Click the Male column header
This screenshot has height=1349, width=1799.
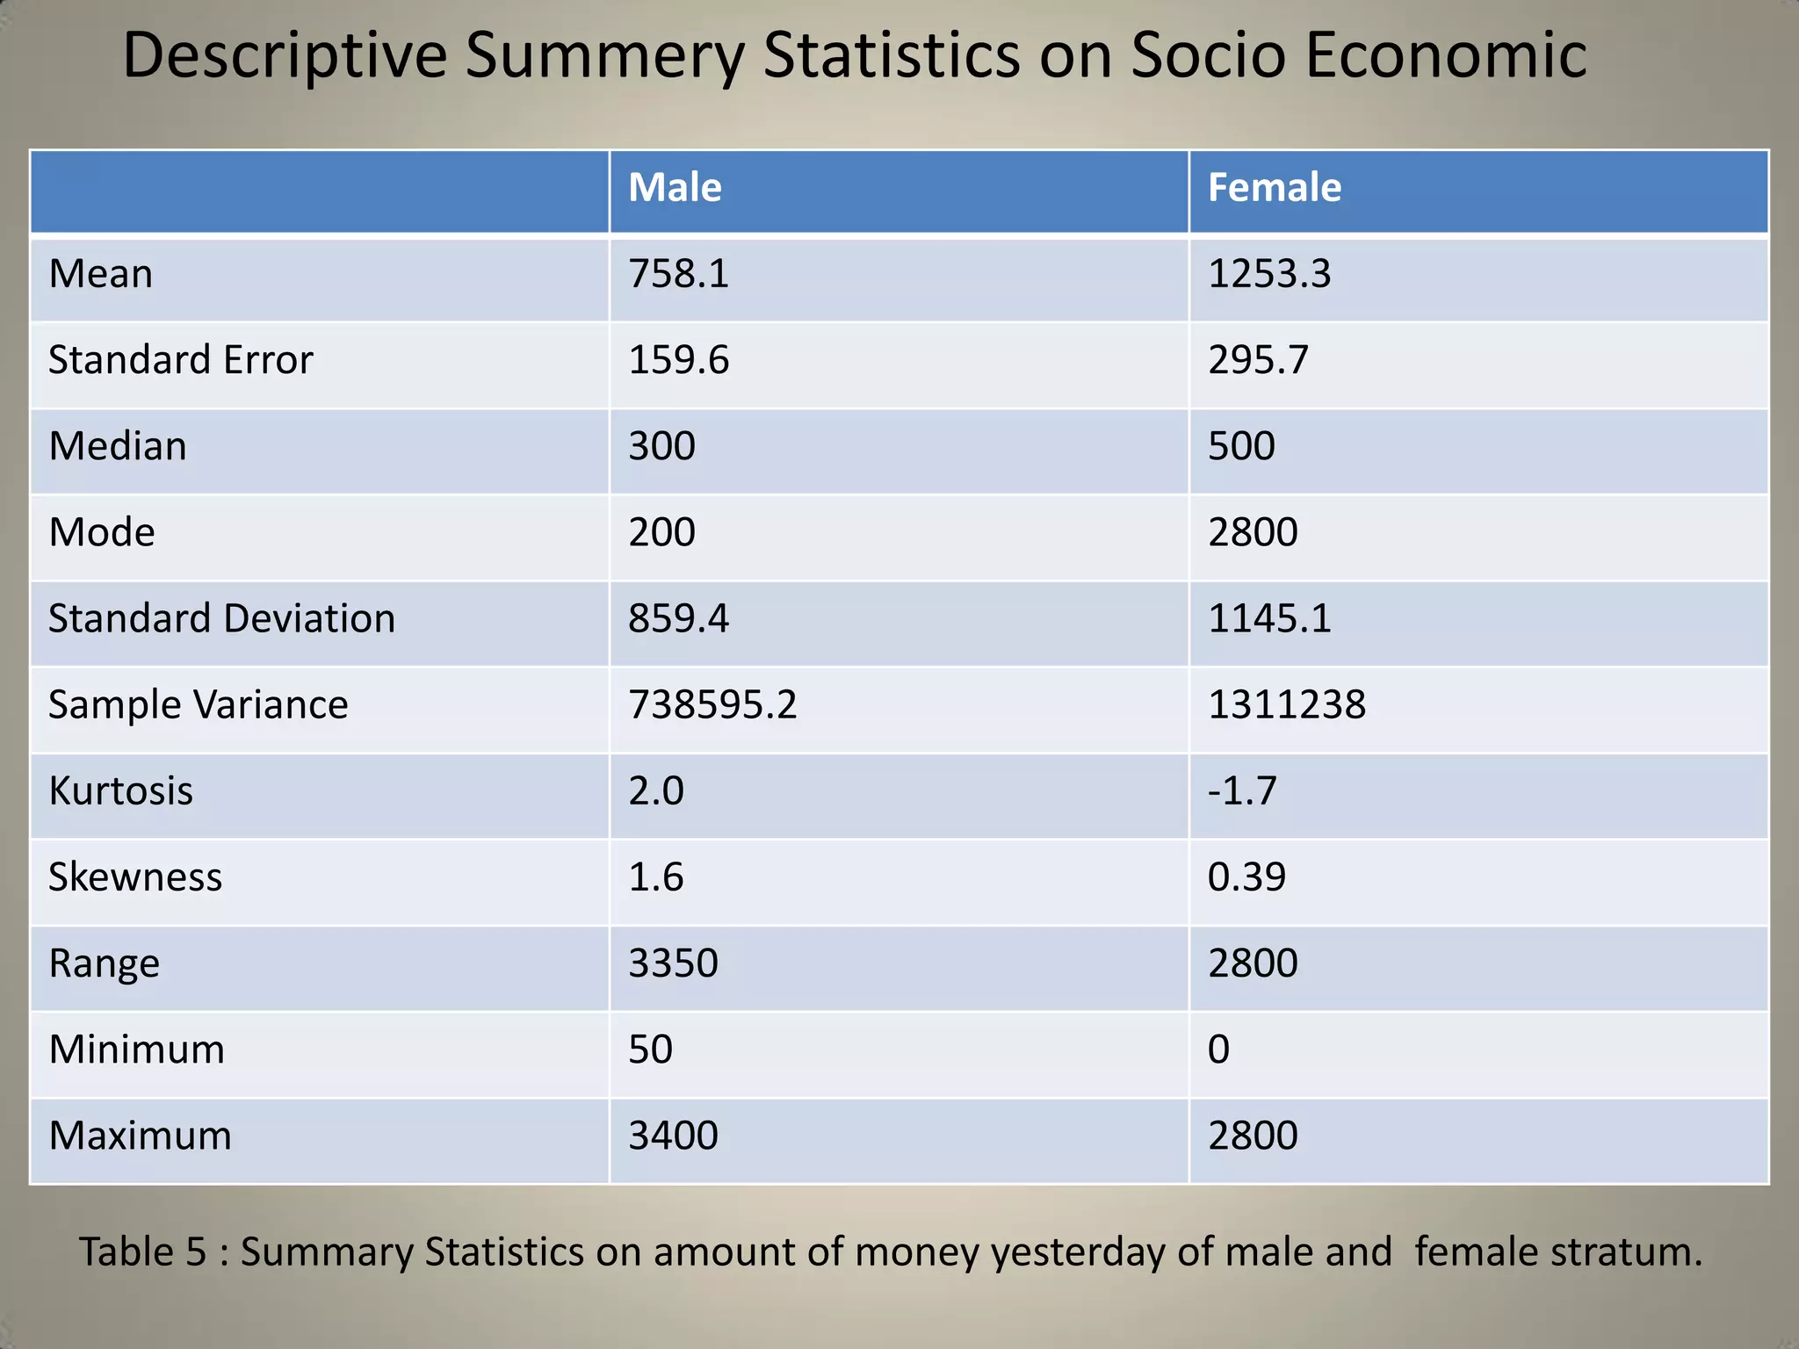(x=675, y=188)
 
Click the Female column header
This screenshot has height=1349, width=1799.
(x=1274, y=188)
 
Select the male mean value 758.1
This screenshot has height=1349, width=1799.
(x=678, y=274)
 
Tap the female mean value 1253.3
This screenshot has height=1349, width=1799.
(x=1269, y=274)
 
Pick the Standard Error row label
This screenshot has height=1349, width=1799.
(x=180, y=360)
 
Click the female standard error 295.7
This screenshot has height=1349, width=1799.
(x=1258, y=360)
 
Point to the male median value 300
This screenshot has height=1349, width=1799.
(x=661, y=446)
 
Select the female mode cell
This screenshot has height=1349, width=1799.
(x=1253, y=532)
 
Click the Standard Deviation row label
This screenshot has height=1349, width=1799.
(x=221, y=618)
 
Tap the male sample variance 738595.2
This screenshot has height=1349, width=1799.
(x=712, y=704)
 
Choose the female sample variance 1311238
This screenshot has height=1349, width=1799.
(x=1287, y=704)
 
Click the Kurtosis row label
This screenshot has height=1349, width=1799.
(x=120, y=790)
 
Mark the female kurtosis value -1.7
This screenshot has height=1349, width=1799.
(x=1242, y=790)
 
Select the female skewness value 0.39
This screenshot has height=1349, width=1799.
(x=1246, y=876)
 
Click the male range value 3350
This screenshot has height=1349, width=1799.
(x=673, y=963)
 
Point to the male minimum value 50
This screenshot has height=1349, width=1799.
(x=650, y=1049)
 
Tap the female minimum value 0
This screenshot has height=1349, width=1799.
(x=1218, y=1049)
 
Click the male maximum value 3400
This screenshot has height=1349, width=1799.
(x=673, y=1135)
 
